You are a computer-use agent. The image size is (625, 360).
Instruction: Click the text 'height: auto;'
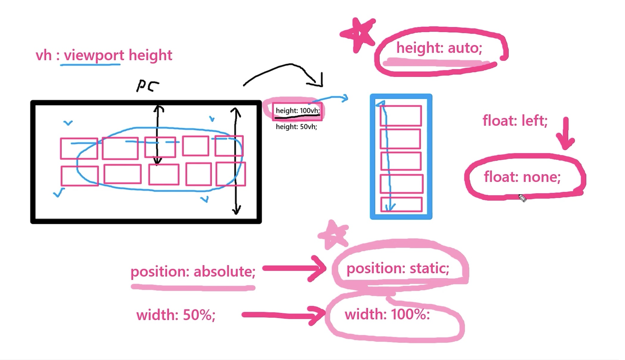(x=439, y=48)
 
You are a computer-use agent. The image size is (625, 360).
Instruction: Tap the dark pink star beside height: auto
(x=358, y=34)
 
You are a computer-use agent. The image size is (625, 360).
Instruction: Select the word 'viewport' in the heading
(x=94, y=55)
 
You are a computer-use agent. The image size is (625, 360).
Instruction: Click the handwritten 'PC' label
(x=147, y=85)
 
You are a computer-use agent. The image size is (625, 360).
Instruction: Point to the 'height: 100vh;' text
(x=297, y=110)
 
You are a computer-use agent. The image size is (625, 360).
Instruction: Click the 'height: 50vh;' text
(x=296, y=127)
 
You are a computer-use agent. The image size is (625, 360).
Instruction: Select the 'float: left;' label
(x=515, y=120)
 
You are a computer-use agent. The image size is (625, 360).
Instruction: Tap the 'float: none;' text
(x=522, y=177)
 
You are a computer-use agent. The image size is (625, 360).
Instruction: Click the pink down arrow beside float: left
(x=565, y=134)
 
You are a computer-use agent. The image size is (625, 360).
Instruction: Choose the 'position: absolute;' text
(x=193, y=271)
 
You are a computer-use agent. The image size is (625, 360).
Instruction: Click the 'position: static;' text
(x=398, y=268)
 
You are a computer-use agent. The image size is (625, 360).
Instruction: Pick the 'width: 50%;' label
(x=176, y=315)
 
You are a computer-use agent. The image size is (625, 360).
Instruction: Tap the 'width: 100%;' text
(x=387, y=314)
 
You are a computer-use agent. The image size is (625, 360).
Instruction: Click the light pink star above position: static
(x=333, y=235)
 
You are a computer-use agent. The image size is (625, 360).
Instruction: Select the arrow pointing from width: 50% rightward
(x=283, y=315)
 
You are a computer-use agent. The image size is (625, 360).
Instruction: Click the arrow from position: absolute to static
(x=294, y=268)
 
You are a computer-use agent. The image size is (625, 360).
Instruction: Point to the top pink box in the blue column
(x=401, y=115)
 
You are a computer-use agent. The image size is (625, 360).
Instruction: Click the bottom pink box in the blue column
(x=401, y=205)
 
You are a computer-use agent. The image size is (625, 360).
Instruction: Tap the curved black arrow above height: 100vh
(x=284, y=72)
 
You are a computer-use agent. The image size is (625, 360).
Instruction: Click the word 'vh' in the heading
(x=43, y=55)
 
